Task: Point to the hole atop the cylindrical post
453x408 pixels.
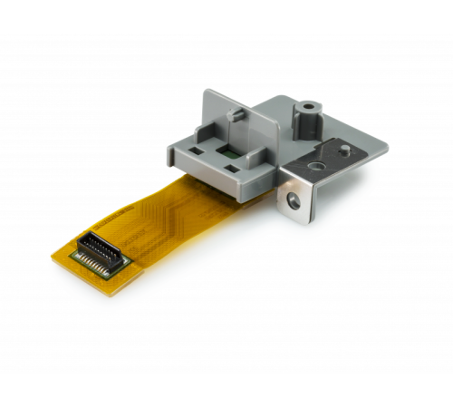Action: click(309, 107)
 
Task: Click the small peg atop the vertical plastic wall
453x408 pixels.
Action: click(235, 115)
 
